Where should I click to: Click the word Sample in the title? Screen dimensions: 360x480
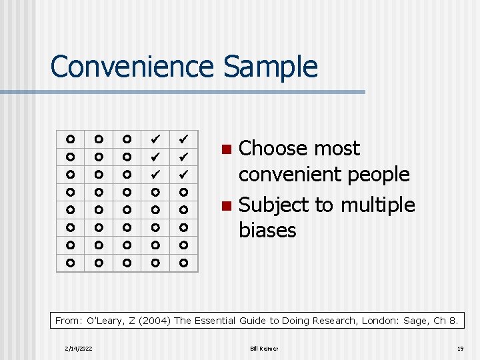[x=271, y=67]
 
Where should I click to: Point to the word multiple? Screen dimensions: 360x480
[x=377, y=205]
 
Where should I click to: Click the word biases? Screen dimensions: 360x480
[x=267, y=230]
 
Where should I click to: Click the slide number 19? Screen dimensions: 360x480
[x=460, y=349]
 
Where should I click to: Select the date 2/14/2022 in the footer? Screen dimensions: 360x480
[x=79, y=349]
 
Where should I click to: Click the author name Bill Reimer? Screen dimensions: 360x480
[x=265, y=349]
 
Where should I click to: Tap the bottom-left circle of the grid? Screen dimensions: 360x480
[x=70, y=264]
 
